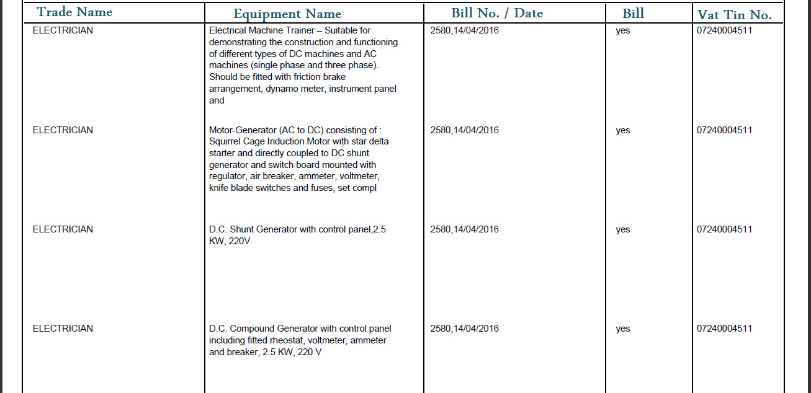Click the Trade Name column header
[x=74, y=12]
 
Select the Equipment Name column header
[x=287, y=14]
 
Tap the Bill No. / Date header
[x=497, y=13]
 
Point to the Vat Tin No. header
[x=735, y=15]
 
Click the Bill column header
[x=633, y=13]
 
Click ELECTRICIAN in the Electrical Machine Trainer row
[x=63, y=30]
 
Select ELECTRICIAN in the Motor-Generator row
[x=63, y=130]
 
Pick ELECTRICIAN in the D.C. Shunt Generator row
[x=63, y=229]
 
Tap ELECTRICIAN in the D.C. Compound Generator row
[x=63, y=329]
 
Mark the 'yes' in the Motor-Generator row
[x=622, y=131]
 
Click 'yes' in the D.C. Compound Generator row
[x=622, y=329]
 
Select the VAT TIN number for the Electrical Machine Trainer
[x=724, y=30]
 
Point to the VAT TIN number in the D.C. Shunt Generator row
[x=724, y=229]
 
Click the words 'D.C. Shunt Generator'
[x=253, y=229]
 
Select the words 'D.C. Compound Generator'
[x=264, y=329]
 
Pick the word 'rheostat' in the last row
[x=288, y=340]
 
